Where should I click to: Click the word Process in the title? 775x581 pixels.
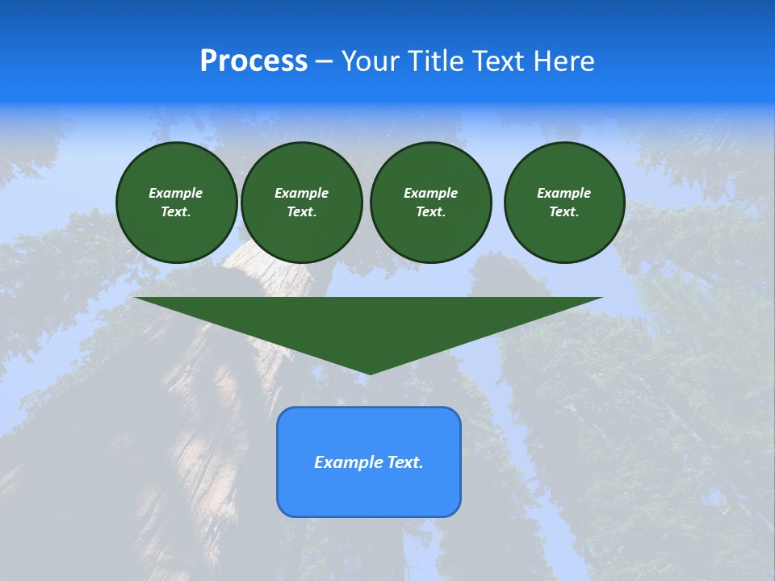pos(253,61)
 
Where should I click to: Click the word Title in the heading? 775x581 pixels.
pos(434,61)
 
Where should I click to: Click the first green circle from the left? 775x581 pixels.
pos(176,203)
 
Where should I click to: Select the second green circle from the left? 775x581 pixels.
pos(301,203)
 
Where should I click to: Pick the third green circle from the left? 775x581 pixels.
pos(430,203)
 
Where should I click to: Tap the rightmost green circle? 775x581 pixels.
pos(563,203)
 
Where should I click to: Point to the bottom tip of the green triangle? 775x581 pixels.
pos(369,372)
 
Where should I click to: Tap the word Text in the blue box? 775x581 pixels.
pos(404,462)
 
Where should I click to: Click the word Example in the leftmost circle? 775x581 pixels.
pos(176,193)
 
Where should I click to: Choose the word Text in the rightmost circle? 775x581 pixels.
pos(563,212)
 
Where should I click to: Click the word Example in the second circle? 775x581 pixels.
pos(301,193)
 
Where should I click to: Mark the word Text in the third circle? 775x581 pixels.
pos(429,212)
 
